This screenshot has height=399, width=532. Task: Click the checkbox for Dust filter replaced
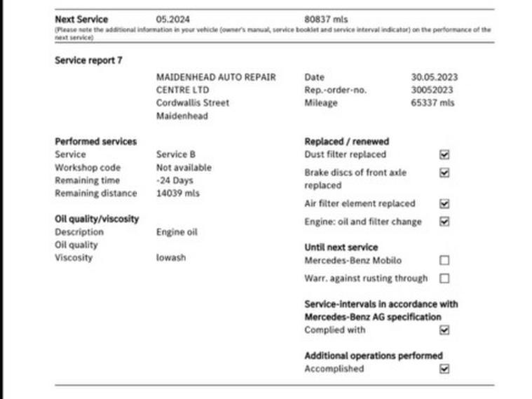click(444, 154)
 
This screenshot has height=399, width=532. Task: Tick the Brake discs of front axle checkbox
click(444, 173)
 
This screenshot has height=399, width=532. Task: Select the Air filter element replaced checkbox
click(444, 204)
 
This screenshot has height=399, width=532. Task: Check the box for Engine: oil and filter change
click(444, 222)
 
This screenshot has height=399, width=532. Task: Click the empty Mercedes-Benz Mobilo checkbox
click(444, 260)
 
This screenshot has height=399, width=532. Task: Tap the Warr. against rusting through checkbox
click(444, 278)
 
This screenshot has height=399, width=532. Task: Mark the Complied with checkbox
click(444, 330)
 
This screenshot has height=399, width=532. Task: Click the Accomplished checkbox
click(444, 369)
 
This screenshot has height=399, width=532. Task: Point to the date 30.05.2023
click(434, 77)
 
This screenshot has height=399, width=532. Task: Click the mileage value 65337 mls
click(432, 103)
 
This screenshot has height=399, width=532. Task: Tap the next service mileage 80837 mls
click(326, 20)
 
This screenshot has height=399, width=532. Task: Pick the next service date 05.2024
click(172, 20)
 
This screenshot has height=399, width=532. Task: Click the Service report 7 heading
click(88, 60)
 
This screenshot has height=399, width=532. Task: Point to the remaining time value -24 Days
click(174, 180)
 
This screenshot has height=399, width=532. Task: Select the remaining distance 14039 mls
click(177, 193)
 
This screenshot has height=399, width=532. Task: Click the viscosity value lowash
click(171, 257)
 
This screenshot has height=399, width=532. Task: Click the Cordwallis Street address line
click(192, 103)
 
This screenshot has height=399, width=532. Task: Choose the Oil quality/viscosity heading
click(97, 219)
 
